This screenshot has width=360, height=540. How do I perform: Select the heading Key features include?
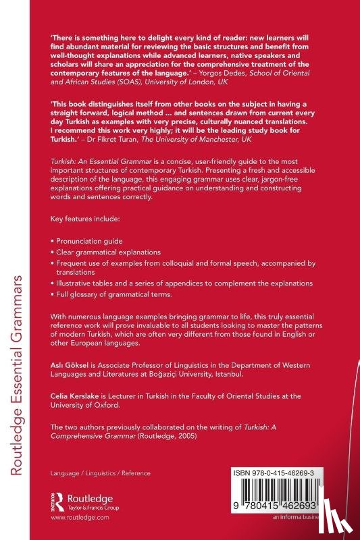pos(78,221)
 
